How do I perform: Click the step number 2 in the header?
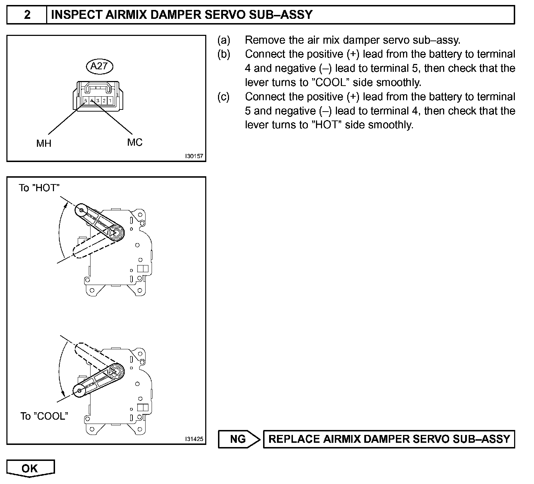click(x=27, y=15)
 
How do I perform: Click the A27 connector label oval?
click(x=99, y=66)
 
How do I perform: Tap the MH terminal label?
click(x=44, y=143)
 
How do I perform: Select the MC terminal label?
click(x=135, y=142)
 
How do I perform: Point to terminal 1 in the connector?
click(x=110, y=101)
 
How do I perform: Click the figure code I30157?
click(x=194, y=156)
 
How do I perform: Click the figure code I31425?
click(x=194, y=439)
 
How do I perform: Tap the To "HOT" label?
click(x=39, y=188)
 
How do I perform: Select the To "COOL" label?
click(x=44, y=416)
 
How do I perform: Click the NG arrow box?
click(x=239, y=439)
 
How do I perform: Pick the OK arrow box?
click(x=31, y=468)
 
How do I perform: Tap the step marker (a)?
click(x=224, y=40)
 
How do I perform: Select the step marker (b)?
click(x=224, y=54)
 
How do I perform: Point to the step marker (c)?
click(x=224, y=97)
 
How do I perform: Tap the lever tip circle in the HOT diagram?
click(x=82, y=210)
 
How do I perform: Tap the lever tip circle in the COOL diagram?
click(x=79, y=391)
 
